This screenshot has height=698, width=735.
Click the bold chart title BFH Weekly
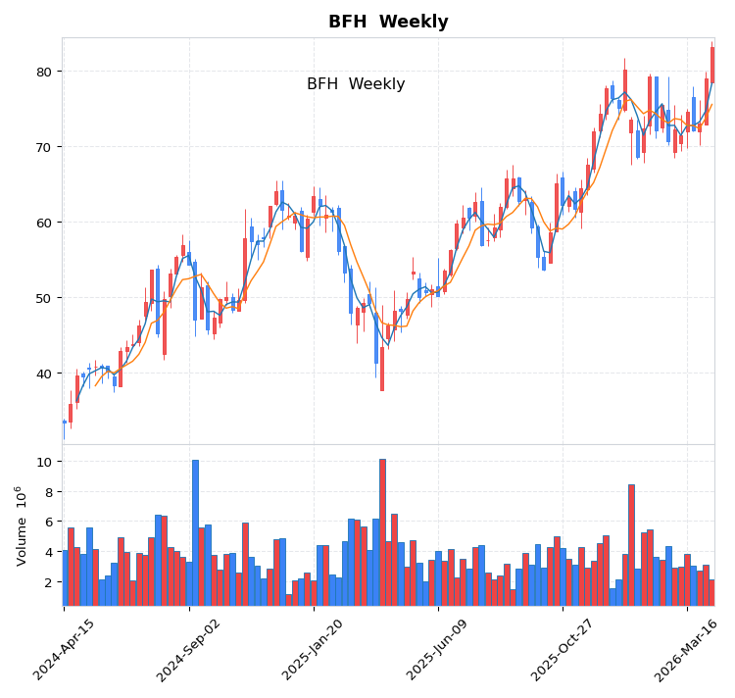tap(388, 23)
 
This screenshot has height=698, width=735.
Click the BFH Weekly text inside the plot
tap(356, 84)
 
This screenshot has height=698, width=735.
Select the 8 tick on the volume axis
tap(46, 492)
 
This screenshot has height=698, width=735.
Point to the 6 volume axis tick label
tap(46, 522)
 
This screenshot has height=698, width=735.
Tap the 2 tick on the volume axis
tap(46, 582)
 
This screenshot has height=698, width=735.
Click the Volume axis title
tap(22, 525)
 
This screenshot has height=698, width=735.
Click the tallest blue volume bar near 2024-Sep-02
tap(195, 532)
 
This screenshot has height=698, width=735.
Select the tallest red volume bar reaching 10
tap(382, 532)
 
